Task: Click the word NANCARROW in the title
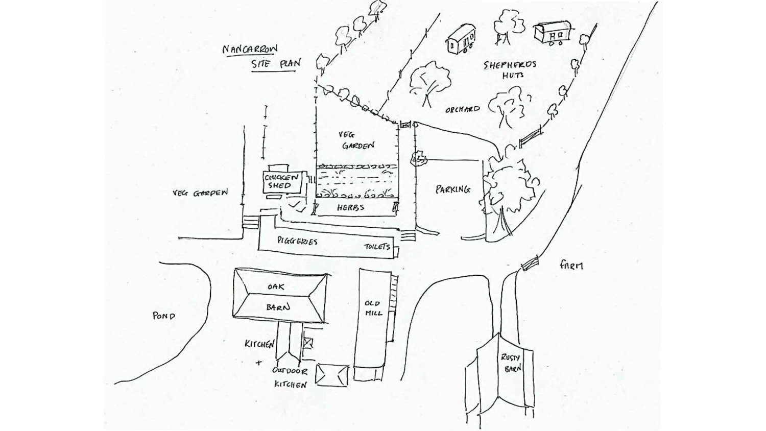[250, 49]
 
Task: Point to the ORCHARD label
[462, 109]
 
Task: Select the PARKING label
[453, 189]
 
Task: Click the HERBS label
[350, 208]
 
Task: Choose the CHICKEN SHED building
[282, 182]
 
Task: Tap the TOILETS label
[377, 246]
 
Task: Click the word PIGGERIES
[297, 241]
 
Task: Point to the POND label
[163, 316]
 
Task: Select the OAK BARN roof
[279, 296]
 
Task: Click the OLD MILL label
[373, 308]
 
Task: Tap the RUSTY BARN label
[511, 363]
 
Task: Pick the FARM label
[571, 266]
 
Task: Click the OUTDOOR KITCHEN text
[290, 378]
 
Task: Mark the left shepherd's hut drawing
[461, 39]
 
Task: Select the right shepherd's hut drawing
[554, 32]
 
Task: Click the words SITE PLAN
[276, 64]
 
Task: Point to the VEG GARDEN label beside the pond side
[200, 193]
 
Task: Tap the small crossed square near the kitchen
[308, 343]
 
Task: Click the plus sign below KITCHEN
[259, 363]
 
